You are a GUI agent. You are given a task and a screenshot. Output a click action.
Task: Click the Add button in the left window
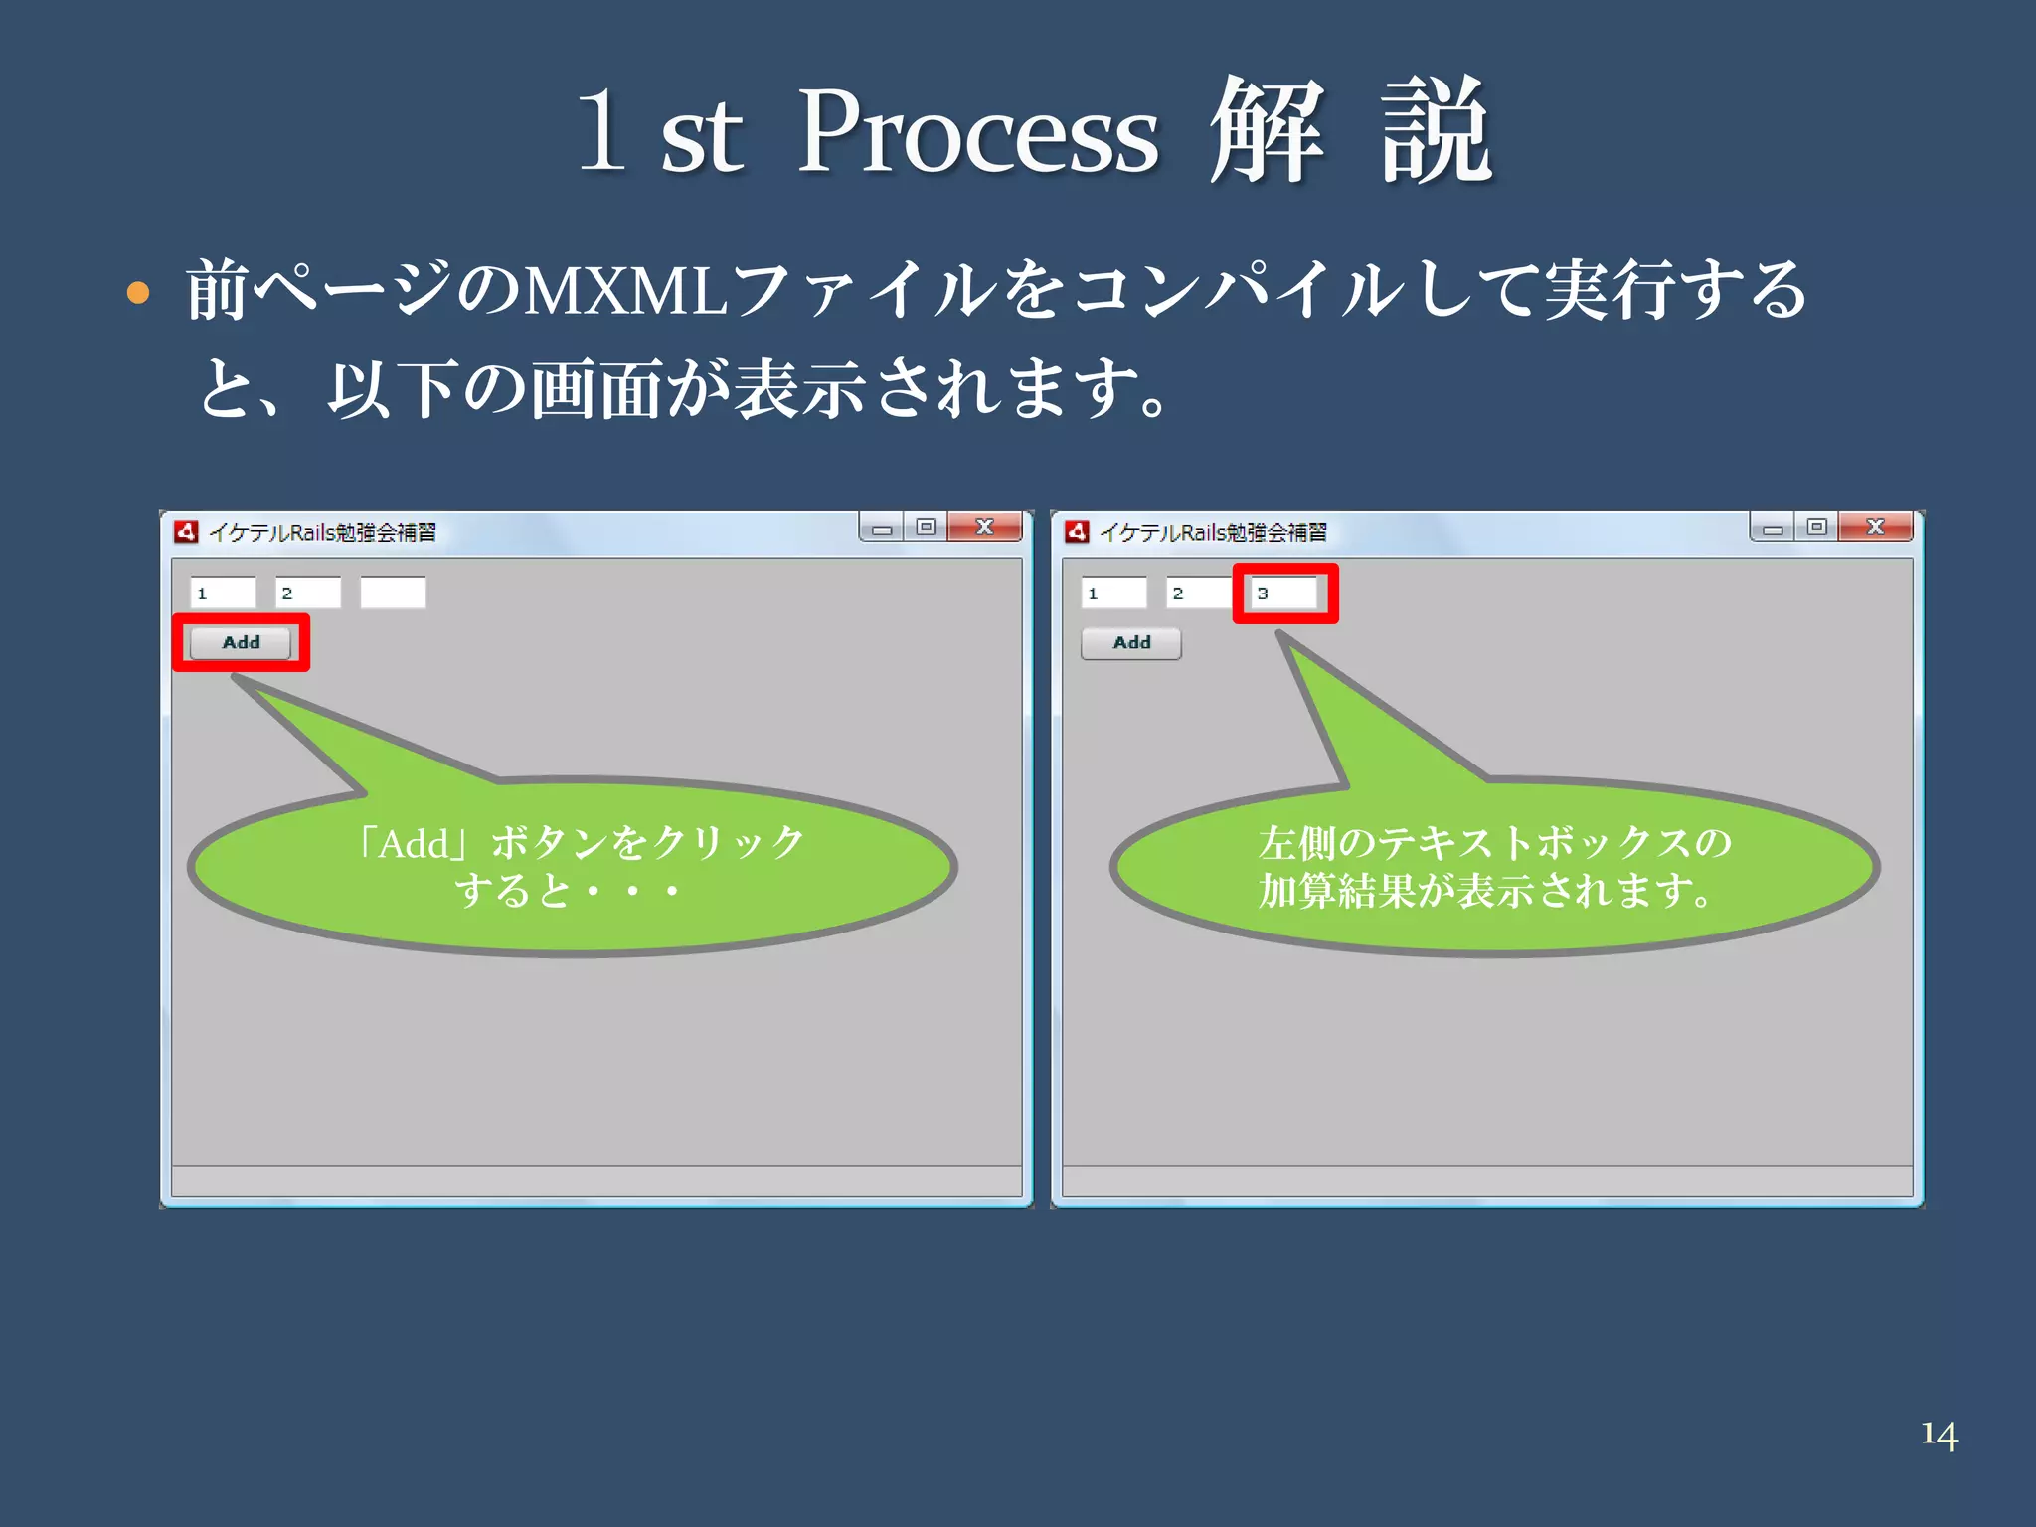(241, 643)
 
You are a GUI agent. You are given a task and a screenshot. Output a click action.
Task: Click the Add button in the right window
(1131, 643)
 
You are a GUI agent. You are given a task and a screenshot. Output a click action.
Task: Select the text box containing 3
(1283, 594)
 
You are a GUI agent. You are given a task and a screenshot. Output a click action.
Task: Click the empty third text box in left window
(393, 594)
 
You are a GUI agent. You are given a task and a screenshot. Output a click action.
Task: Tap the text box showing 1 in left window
(223, 594)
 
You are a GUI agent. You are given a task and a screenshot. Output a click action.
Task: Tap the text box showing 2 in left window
(308, 594)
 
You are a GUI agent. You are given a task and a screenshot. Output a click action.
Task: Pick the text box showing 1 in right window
(1113, 594)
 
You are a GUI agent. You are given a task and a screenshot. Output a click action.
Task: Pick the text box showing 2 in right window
(1198, 594)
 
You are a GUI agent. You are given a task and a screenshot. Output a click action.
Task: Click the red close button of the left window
(984, 527)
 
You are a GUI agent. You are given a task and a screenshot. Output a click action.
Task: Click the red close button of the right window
(1875, 527)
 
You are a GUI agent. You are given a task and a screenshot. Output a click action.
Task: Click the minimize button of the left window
(881, 529)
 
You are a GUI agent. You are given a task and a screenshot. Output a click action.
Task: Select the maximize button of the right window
(1817, 527)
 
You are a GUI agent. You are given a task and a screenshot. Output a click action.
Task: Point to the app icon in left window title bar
(186, 532)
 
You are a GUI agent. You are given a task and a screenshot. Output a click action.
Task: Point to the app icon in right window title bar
(1077, 532)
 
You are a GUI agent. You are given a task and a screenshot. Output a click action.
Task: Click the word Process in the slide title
(978, 134)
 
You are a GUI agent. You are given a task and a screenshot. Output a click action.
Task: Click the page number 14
(1939, 1435)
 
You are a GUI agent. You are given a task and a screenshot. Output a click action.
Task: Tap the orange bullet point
(138, 293)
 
